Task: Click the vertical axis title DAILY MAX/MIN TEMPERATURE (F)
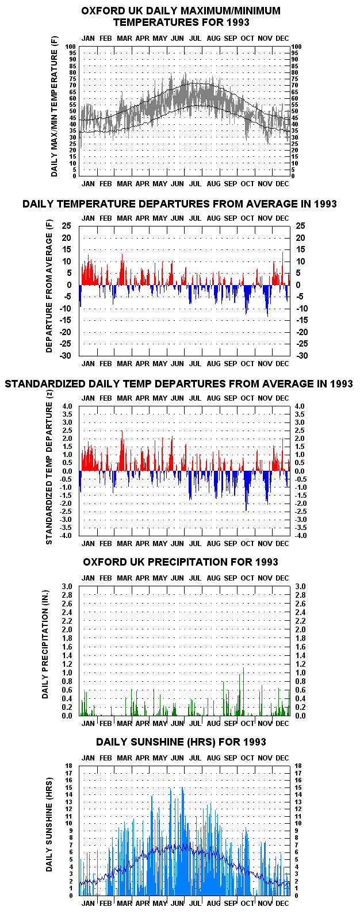pos(55,106)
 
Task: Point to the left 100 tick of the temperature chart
pos(71,47)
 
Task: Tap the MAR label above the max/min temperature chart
pos(124,39)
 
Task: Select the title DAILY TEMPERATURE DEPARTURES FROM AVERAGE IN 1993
pos(179,203)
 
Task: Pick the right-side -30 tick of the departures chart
pos(302,356)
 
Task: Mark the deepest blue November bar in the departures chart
pos(268,301)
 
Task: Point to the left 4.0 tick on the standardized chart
pos(67,406)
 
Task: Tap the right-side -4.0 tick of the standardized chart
pos(301,536)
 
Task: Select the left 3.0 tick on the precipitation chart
pos(67,586)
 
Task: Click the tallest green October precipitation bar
pos(243,691)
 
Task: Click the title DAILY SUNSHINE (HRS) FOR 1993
pos(181,742)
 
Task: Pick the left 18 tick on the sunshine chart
pos(69,766)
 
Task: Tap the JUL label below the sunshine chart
pos(196,903)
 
